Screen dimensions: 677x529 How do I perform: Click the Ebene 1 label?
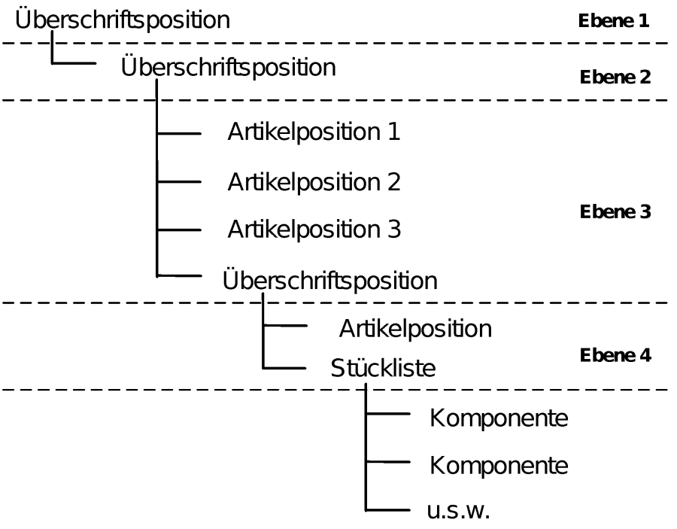(614, 21)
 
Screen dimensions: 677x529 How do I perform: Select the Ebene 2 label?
(615, 78)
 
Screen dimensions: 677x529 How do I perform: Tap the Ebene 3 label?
(615, 212)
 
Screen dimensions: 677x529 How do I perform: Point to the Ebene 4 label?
(615, 355)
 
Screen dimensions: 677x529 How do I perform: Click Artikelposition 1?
(314, 131)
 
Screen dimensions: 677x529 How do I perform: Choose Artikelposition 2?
(314, 182)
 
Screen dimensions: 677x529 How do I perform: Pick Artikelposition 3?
(314, 229)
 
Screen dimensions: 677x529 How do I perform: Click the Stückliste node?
(383, 368)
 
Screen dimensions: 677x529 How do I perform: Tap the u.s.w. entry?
(459, 510)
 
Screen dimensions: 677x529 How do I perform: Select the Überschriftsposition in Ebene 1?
(123, 19)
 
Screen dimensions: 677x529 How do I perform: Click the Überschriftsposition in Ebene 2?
(229, 66)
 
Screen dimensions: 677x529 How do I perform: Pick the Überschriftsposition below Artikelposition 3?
(330, 280)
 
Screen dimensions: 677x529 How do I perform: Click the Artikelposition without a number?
(415, 329)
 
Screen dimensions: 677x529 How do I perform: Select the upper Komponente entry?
(499, 418)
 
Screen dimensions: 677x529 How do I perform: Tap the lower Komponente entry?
(499, 466)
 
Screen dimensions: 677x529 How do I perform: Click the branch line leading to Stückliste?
(284, 369)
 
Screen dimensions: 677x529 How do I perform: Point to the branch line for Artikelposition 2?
(179, 182)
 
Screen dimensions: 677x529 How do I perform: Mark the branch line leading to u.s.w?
(387, 510)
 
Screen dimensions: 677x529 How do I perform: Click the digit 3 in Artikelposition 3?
(394, 229)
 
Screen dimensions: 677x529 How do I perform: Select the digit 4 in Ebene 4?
(645, 355)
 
